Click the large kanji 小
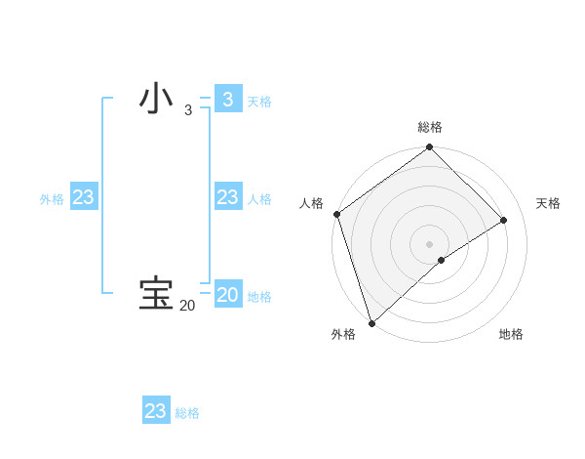coord(156,100)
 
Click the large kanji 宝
coord(156,294)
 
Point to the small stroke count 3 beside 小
coord(187,111)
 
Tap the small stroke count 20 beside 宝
coord(187,306)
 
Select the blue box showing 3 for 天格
coord(227,100)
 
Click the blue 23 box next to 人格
coord(227,197)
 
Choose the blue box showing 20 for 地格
coord(227,295)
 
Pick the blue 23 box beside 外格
coord(83,197)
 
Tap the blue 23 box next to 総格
coord(155,411)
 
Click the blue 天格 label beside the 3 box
coord(259,102)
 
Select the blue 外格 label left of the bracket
coord(52,199)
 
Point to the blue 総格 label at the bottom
coord(187,413)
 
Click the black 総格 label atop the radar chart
coord(430,128)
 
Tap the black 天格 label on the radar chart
coord(548,203)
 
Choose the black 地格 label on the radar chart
coord(511,334)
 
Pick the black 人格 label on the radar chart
coord(311,203)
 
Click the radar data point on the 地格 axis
coord(442,260)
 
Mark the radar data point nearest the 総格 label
coord(430,148)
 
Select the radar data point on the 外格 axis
coord(370,323)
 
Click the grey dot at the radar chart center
coord(430,243)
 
